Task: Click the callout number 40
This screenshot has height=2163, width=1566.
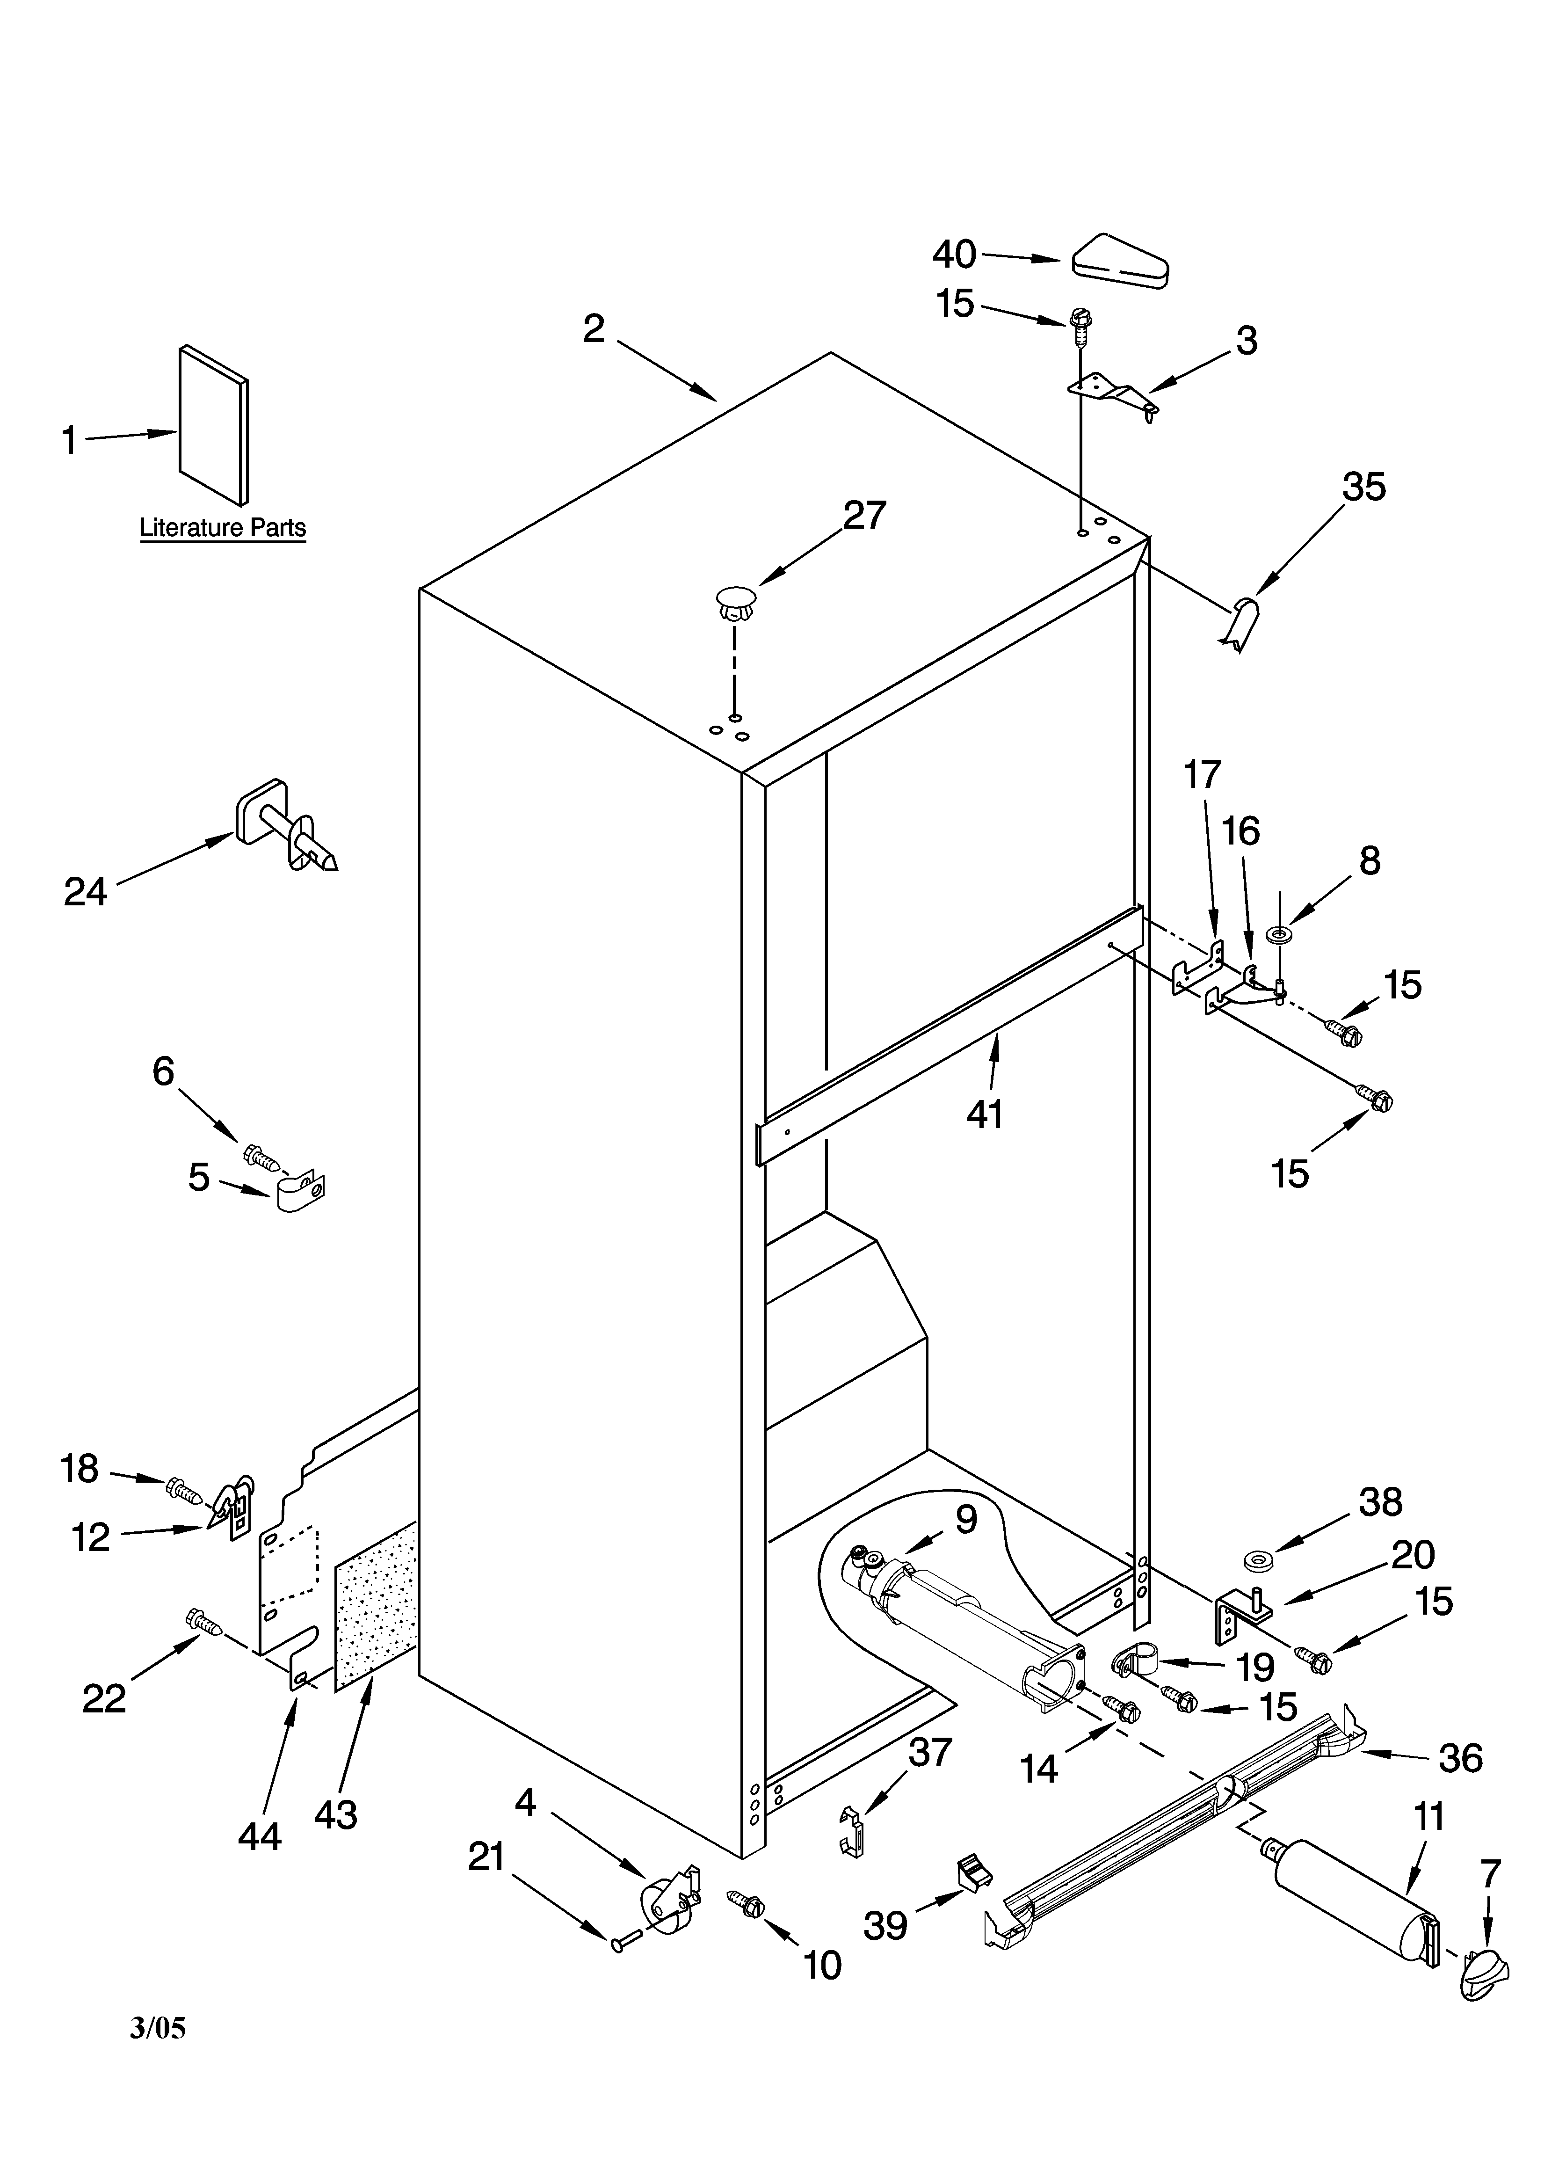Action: pyautogui.click(x=954, y=255)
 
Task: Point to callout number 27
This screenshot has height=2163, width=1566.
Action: pyautogui.click(x=864, y=516)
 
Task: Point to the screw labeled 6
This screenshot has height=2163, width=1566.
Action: pyautogui.click(x=261, y=1158)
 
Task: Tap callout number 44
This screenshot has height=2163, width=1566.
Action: pyautogui.click(x=260, y=1836)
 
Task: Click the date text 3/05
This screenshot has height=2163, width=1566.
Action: pyautogui.click(x=158, y=2054)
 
